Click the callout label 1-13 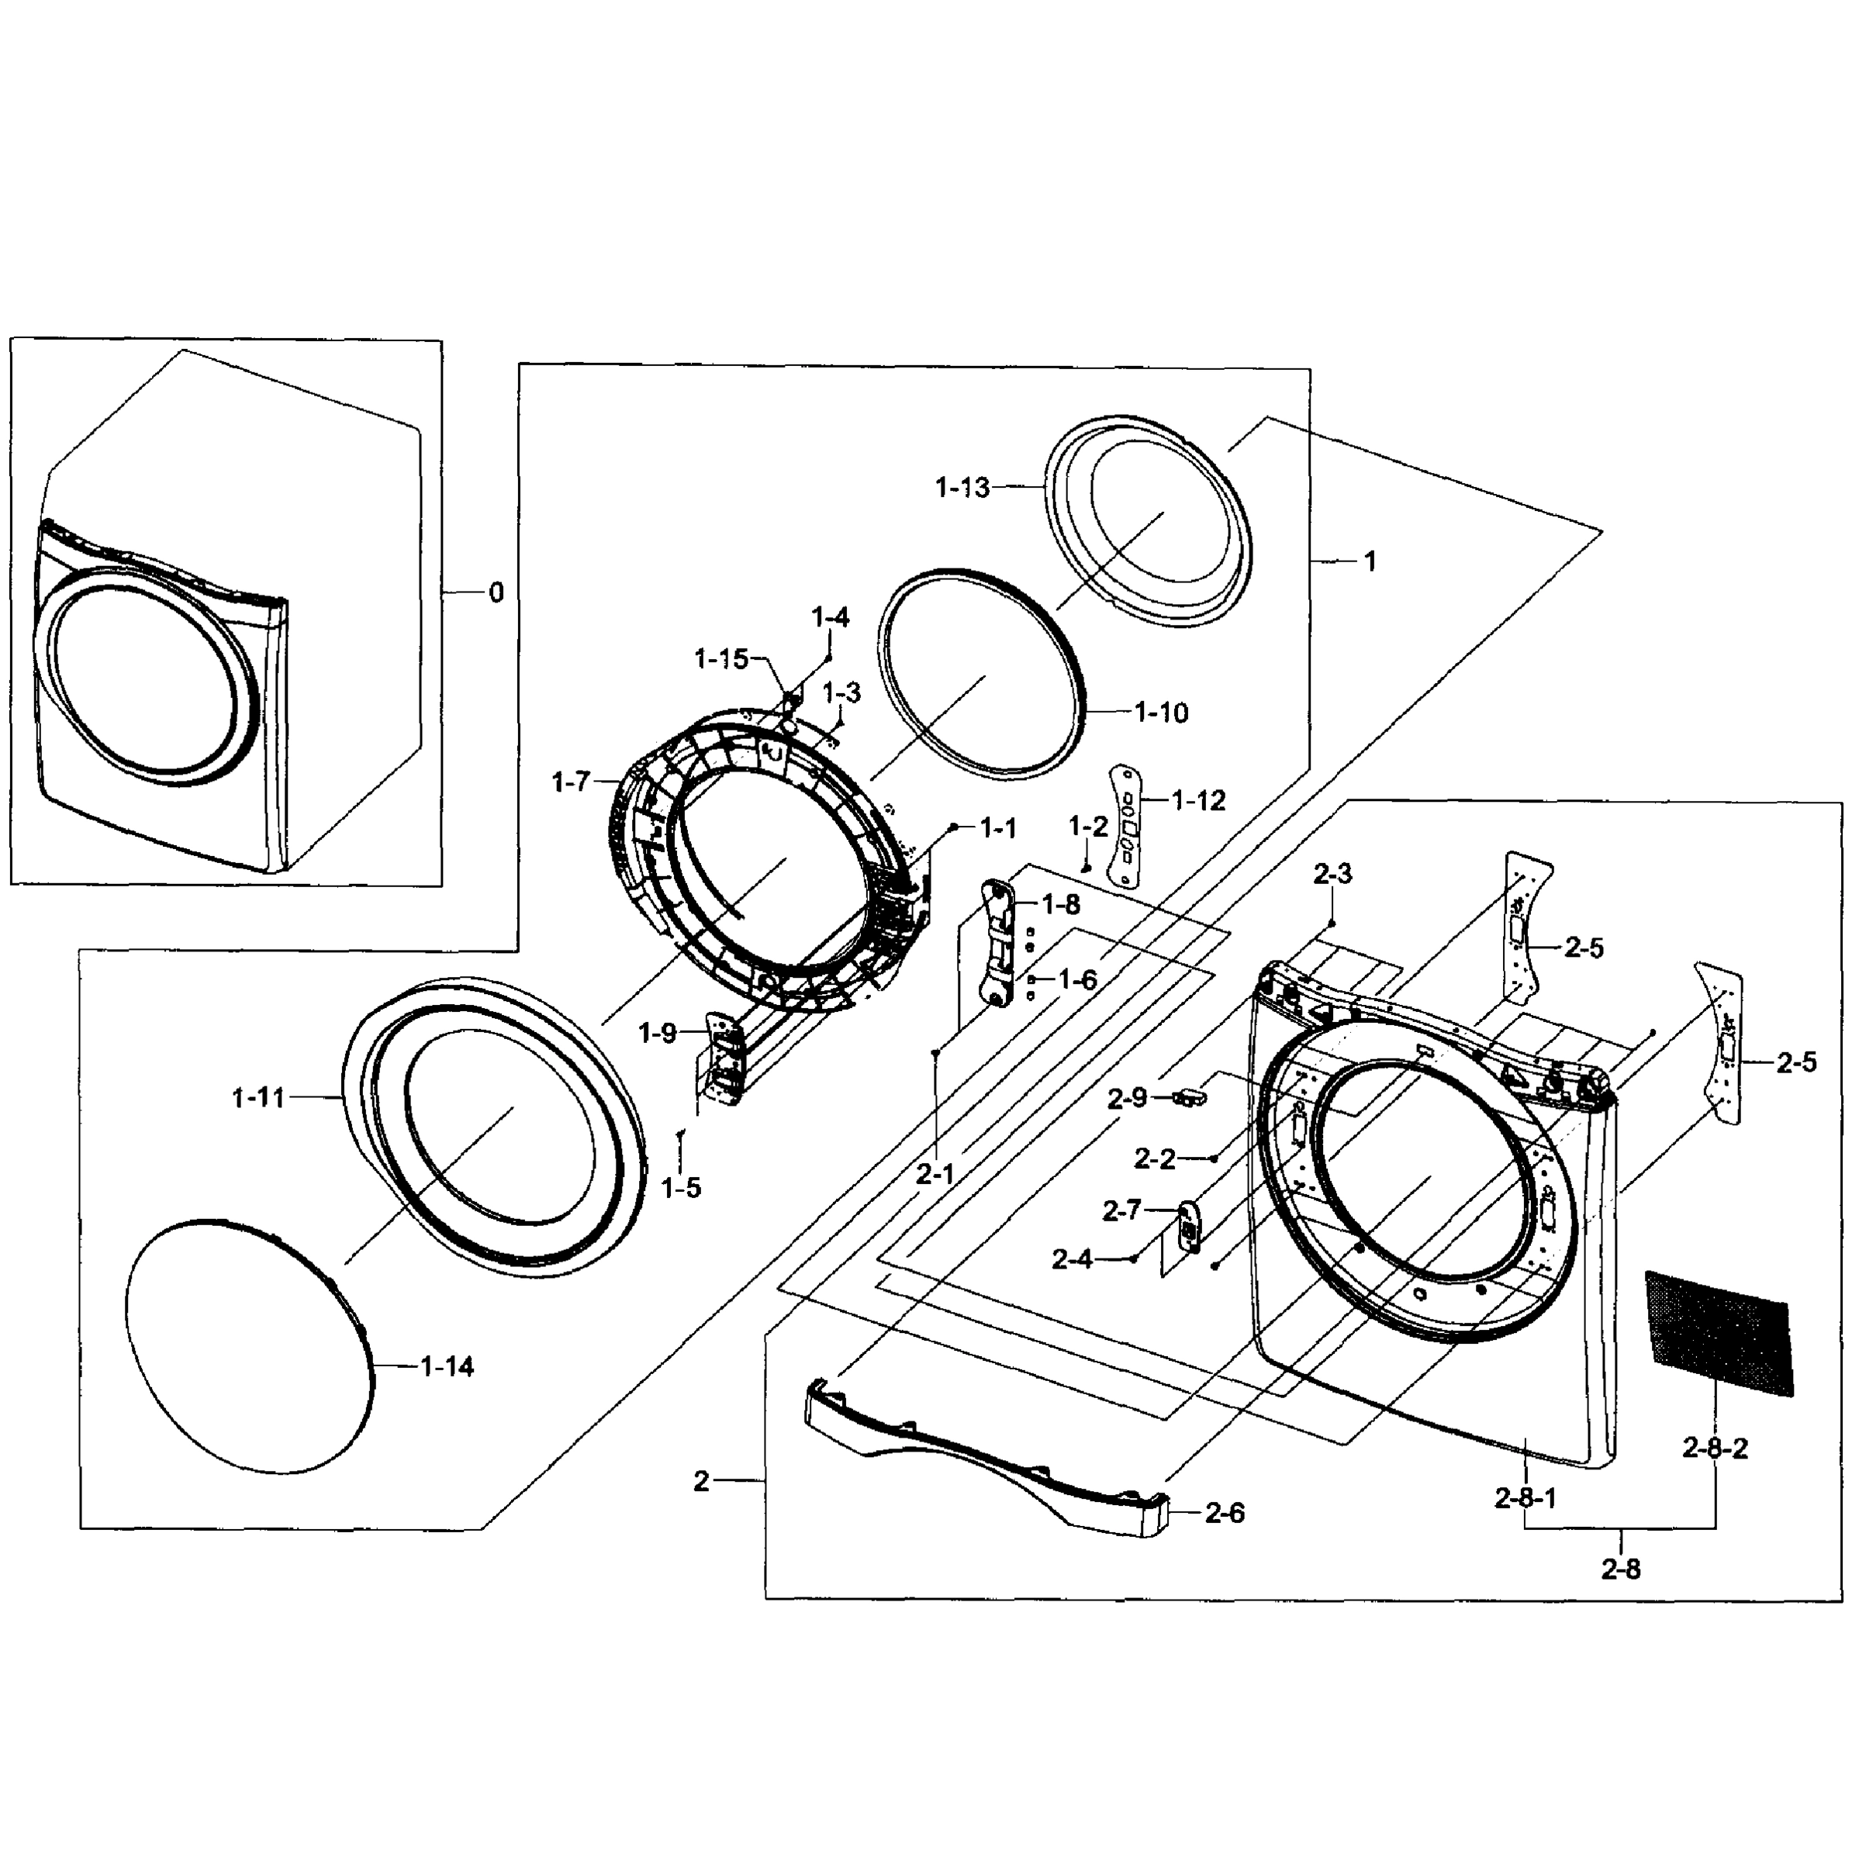[x=962, y=489]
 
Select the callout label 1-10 [x=1161, y=713]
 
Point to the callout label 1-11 [x=258, y=1097]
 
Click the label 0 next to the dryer [x=496, y=592]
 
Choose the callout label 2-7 [x=1121, y=1210]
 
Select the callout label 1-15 [x=720, y=660]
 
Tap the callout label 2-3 [x=1332, y=874]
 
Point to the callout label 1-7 [x=571, y=782]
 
